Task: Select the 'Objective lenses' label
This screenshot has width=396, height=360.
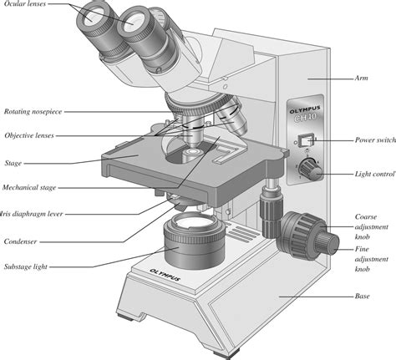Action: coord(30,134)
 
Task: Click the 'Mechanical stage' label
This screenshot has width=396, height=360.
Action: coord(30,187)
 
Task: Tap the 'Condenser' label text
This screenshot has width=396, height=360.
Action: coord(22,241)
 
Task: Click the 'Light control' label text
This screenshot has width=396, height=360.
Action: coord(373,173)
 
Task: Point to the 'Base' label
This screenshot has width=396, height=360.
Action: coord(363,295)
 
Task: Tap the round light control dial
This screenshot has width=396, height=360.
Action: coord(312,170)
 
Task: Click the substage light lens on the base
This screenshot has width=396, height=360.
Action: coord(191,224)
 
